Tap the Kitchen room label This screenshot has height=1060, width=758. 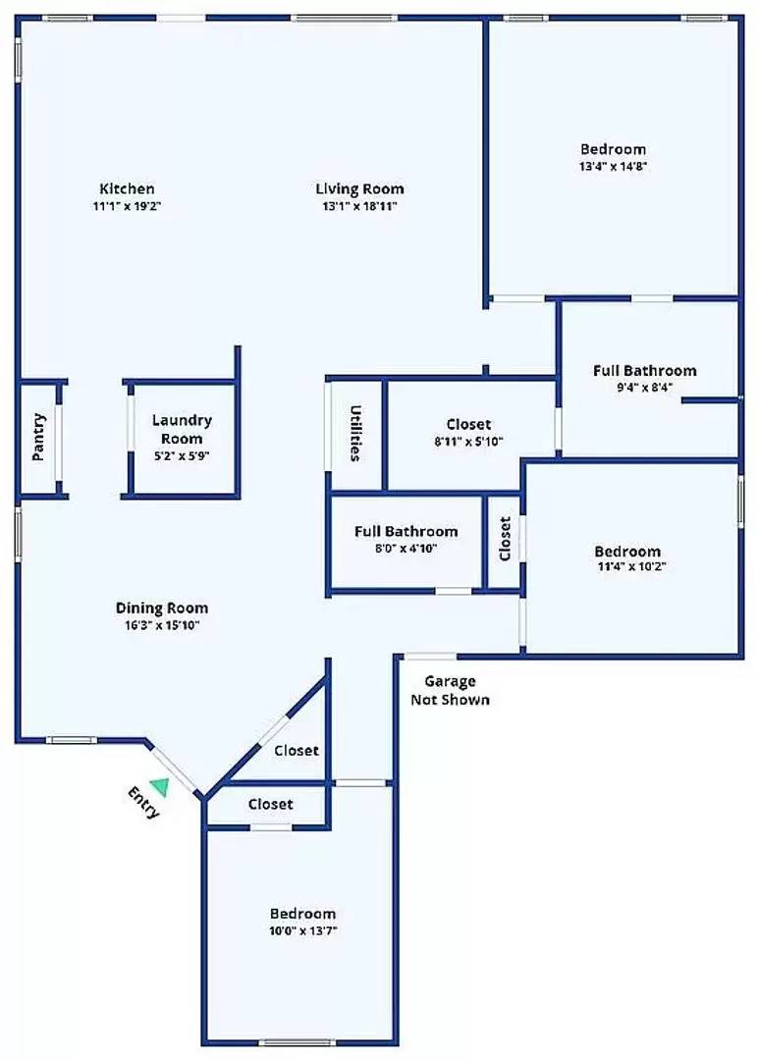(x=127, y=188)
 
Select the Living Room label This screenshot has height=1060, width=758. (x=359, y=188)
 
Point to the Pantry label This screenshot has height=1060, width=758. (x=38, y=437)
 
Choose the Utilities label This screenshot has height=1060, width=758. (x=355, y=433)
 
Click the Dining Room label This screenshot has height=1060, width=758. (x=162, y=608)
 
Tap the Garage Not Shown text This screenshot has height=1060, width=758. (x=450, y=690)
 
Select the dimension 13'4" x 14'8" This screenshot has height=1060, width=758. (x=614, y=166)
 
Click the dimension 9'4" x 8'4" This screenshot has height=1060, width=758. (x=645, y=387)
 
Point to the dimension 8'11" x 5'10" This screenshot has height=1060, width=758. (x=468, y=441)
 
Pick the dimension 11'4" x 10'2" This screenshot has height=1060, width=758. (x=627, y=567)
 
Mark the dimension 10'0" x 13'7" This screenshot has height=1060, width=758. (x=302, y=930)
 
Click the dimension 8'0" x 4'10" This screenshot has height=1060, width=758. (x=406, y=548)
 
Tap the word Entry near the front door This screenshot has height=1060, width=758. (x=143, y=802)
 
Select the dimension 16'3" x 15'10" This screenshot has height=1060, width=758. (x=162, y=624)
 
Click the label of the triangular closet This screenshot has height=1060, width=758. (x=296, y=751)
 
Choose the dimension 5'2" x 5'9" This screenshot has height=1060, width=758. (x=182, y=455)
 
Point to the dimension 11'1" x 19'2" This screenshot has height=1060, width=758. (x=127, y=206)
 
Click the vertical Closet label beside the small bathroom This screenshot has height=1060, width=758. (x=505, y=539)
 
